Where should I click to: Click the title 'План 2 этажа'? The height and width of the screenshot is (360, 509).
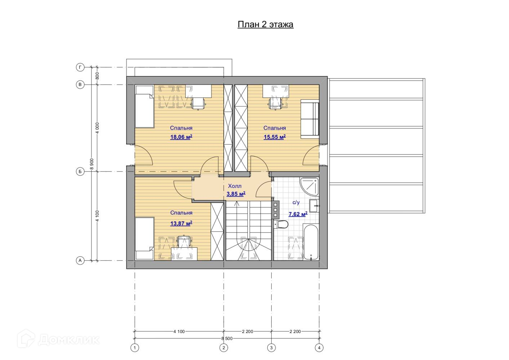[x=265, y=24]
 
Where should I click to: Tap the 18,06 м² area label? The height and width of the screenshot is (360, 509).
[x=181, y=137]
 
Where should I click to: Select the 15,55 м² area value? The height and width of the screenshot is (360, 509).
[x=274, y=137]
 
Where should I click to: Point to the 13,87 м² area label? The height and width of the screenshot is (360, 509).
[x=181, y=223]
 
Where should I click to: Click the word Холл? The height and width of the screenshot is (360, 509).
[x=235, y=186]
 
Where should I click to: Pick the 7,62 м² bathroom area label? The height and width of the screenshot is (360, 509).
[x=298, y=214]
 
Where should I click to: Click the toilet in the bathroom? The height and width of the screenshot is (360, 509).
[x=281, y=225]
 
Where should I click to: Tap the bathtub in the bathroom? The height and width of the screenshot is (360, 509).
[x=311, y=242]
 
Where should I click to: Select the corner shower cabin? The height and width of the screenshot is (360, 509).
[x=309, y=187]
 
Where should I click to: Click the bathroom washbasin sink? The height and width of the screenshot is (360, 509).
[x=314, y=206]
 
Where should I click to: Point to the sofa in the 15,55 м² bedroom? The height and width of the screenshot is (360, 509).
[x=310, y=119]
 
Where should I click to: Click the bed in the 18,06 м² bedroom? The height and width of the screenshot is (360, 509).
[x=144, y=106]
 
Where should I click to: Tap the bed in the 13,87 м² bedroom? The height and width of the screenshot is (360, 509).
[x=144, y=238]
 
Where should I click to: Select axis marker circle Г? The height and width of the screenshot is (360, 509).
[x=80, y=67]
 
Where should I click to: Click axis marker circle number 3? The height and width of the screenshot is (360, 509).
[x=271, y=348]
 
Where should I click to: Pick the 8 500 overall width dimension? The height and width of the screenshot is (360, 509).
[x=227, y=338]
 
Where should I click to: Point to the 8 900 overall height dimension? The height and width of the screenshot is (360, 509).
[x=92, y=164]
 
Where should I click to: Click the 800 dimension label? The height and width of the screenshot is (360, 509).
[x=97, y=76]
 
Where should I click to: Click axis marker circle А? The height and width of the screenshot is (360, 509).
[x=80, y=261]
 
